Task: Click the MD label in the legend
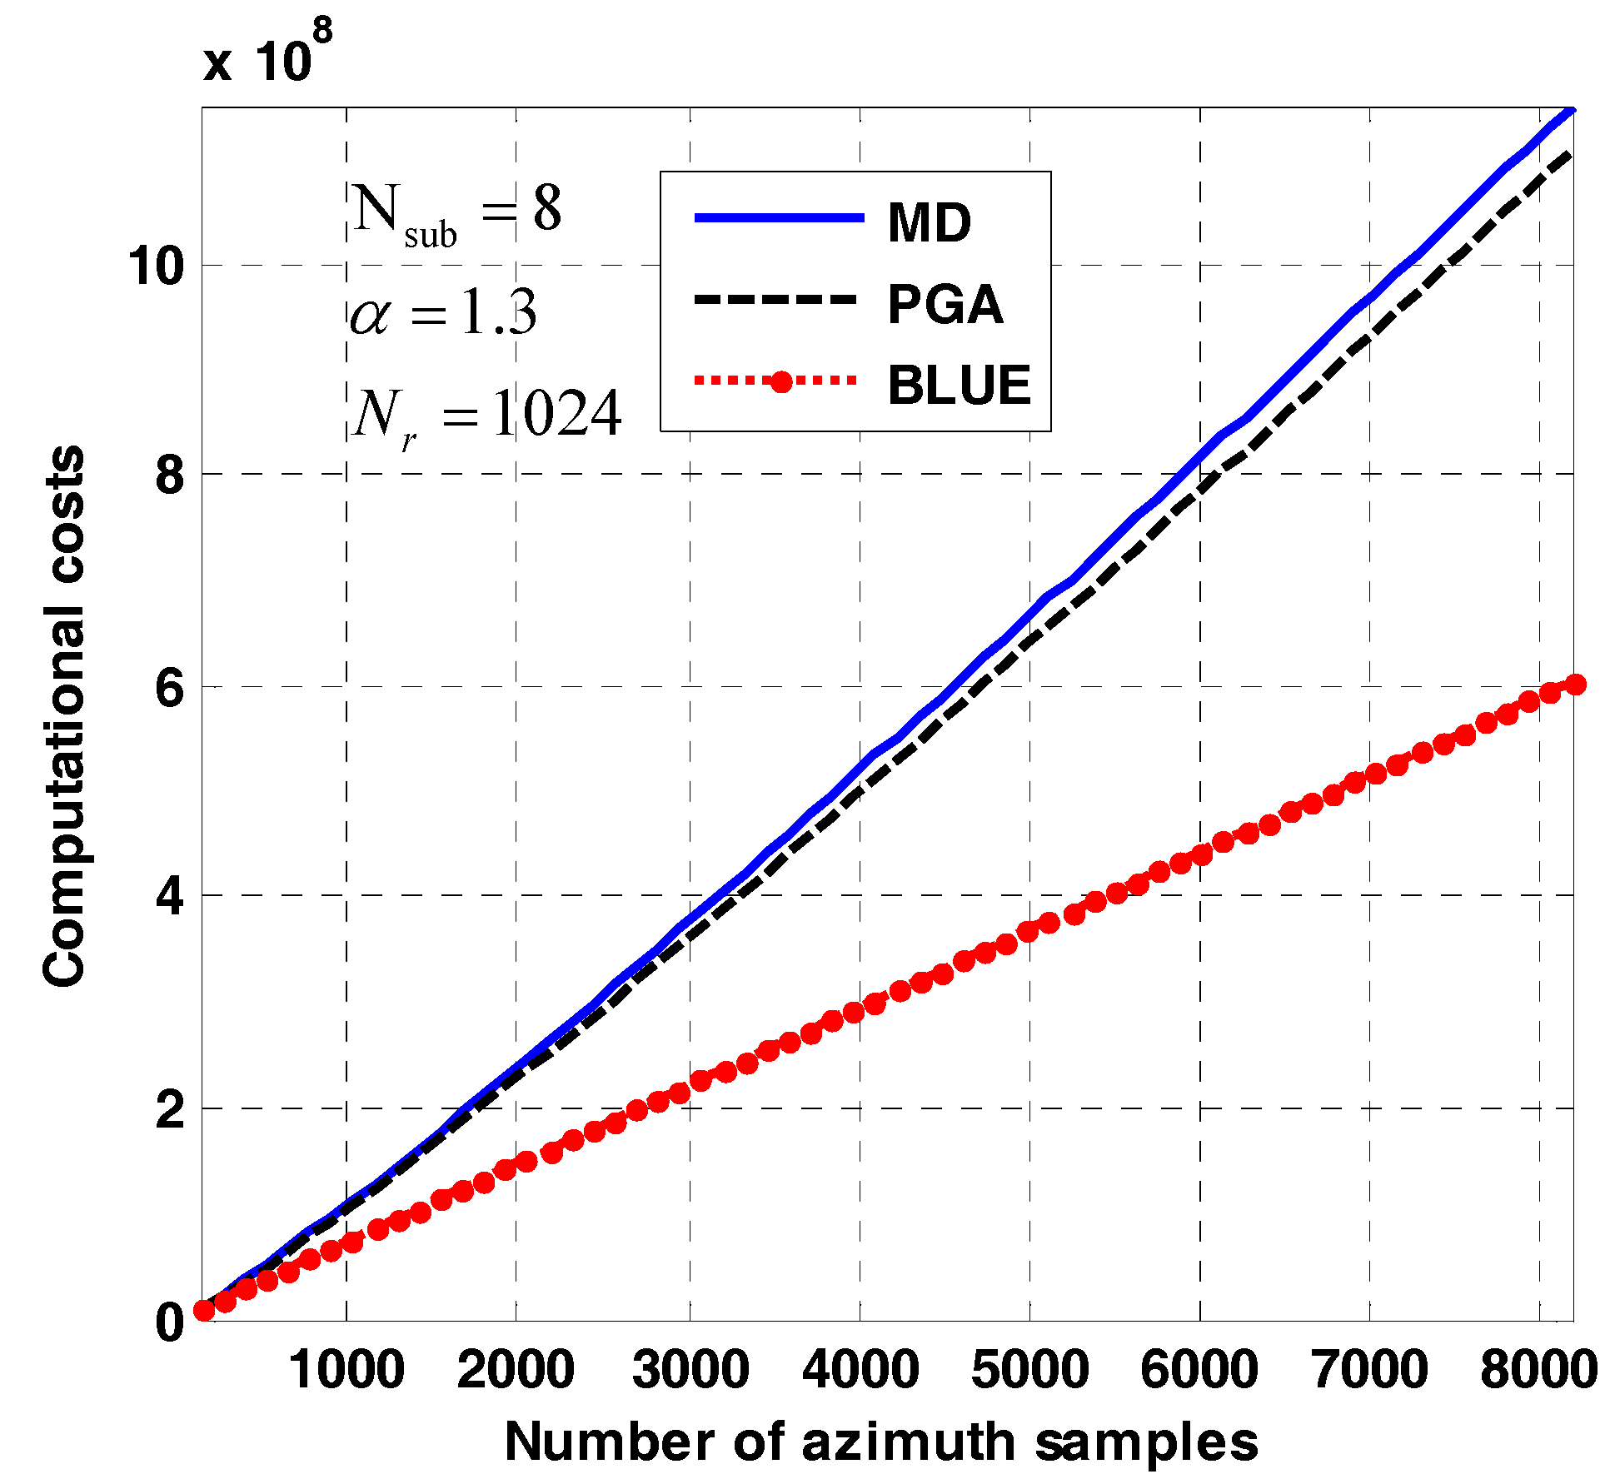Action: coord(929,223)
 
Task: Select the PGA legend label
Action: coord(945,304)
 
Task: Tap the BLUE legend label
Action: coord(960,385)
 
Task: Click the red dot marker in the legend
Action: coord(780,382)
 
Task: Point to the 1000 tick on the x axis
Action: coord(346,1369)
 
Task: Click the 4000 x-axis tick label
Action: coord(860,1369)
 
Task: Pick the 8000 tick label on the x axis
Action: coord(1538,1369)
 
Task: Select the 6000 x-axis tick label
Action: coord(1199,1369)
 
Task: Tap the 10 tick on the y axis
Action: coord(155,266)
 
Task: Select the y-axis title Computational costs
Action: coord(64,716)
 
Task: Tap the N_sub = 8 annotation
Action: coord(456,213)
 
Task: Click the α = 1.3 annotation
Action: coord(443,315)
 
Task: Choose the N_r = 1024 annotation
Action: coord(486,416)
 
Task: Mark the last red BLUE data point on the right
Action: coord(1575,685)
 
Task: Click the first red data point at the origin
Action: coord(204,1310)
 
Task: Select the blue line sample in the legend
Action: coord(779,218)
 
